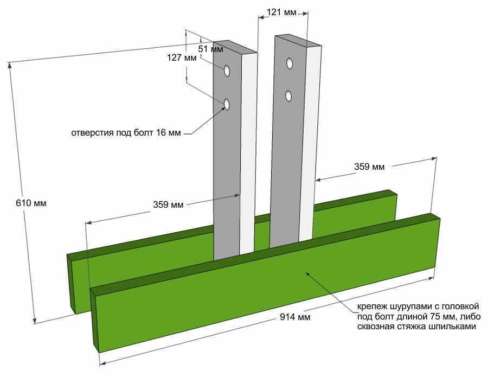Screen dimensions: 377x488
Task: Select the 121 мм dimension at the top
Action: [x=282, y=12]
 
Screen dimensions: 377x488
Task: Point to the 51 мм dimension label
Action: [x=211, y=49]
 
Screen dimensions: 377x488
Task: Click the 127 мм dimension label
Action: [x=182, y=58]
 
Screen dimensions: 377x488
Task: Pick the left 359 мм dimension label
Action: [x=168, y=205]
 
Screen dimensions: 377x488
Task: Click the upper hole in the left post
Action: [x=227, y=71]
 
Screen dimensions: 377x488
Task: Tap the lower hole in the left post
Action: [x=227, y=104]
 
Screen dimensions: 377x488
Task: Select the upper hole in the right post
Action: [x=290, y=63]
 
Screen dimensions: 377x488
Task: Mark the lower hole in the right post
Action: [x=289, y=96]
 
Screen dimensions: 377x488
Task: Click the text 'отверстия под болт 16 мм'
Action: [x=125, y=132]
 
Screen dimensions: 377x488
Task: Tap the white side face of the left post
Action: [x=248, y=152]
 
